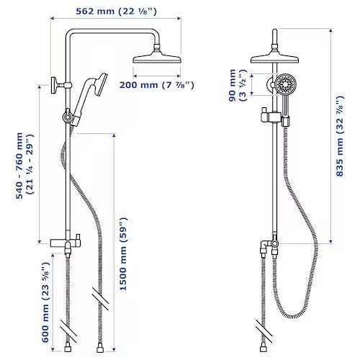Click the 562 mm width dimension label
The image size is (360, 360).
(x=120, y=11)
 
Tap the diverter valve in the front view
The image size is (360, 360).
(x=271, y=246)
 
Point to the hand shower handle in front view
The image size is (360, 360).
(x=286, y=112)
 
